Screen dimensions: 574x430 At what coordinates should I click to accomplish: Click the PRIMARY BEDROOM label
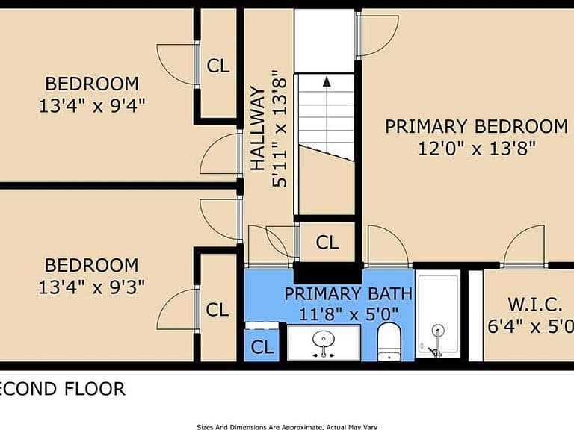coord(476,126)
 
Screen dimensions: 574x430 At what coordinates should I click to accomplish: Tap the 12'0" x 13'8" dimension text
coord(477,149)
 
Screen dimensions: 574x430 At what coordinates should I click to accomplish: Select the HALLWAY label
coord(258,128)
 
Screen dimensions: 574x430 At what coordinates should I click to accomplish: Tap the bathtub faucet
coord(437,340)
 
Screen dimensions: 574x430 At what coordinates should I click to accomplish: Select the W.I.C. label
coord(535,305)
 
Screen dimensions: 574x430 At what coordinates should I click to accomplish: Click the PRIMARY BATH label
coord(348,294)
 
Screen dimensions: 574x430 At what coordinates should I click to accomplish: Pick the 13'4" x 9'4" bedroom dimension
coord(92,106)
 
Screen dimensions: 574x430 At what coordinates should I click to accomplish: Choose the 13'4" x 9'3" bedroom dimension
coord(91,287)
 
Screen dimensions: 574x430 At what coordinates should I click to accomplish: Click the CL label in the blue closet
coord(262,346)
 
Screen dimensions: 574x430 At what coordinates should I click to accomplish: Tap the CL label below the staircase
coord(327,242)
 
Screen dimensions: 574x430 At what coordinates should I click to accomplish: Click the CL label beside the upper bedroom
coord(218,66)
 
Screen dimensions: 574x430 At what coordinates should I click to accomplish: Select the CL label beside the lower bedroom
coord(217,310)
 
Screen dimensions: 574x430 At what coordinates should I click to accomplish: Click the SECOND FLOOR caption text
coord(63,389)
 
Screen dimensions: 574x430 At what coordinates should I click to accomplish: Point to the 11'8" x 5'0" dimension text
coord(348,314)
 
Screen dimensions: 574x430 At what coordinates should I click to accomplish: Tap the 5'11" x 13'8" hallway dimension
coord(279,128)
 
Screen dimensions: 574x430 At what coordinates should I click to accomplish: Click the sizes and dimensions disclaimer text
coord(287,427)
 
